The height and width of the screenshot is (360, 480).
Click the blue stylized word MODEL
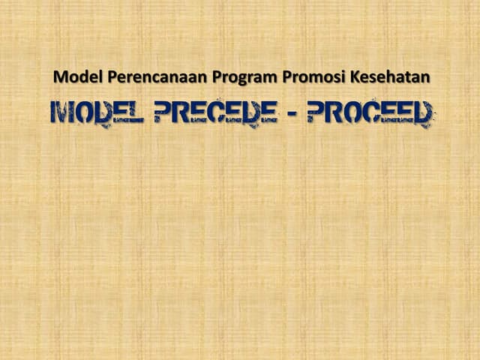[x=97, y=113]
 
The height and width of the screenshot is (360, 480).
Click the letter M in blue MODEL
[x=61, y=113]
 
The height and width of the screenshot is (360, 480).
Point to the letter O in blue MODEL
[x=82, y=113]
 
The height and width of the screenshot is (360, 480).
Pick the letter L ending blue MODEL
[x=136, y=113]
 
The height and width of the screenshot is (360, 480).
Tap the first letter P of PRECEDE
[x=163, y=113]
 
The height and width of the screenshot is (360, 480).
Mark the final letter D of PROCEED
[x=424, y=113]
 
